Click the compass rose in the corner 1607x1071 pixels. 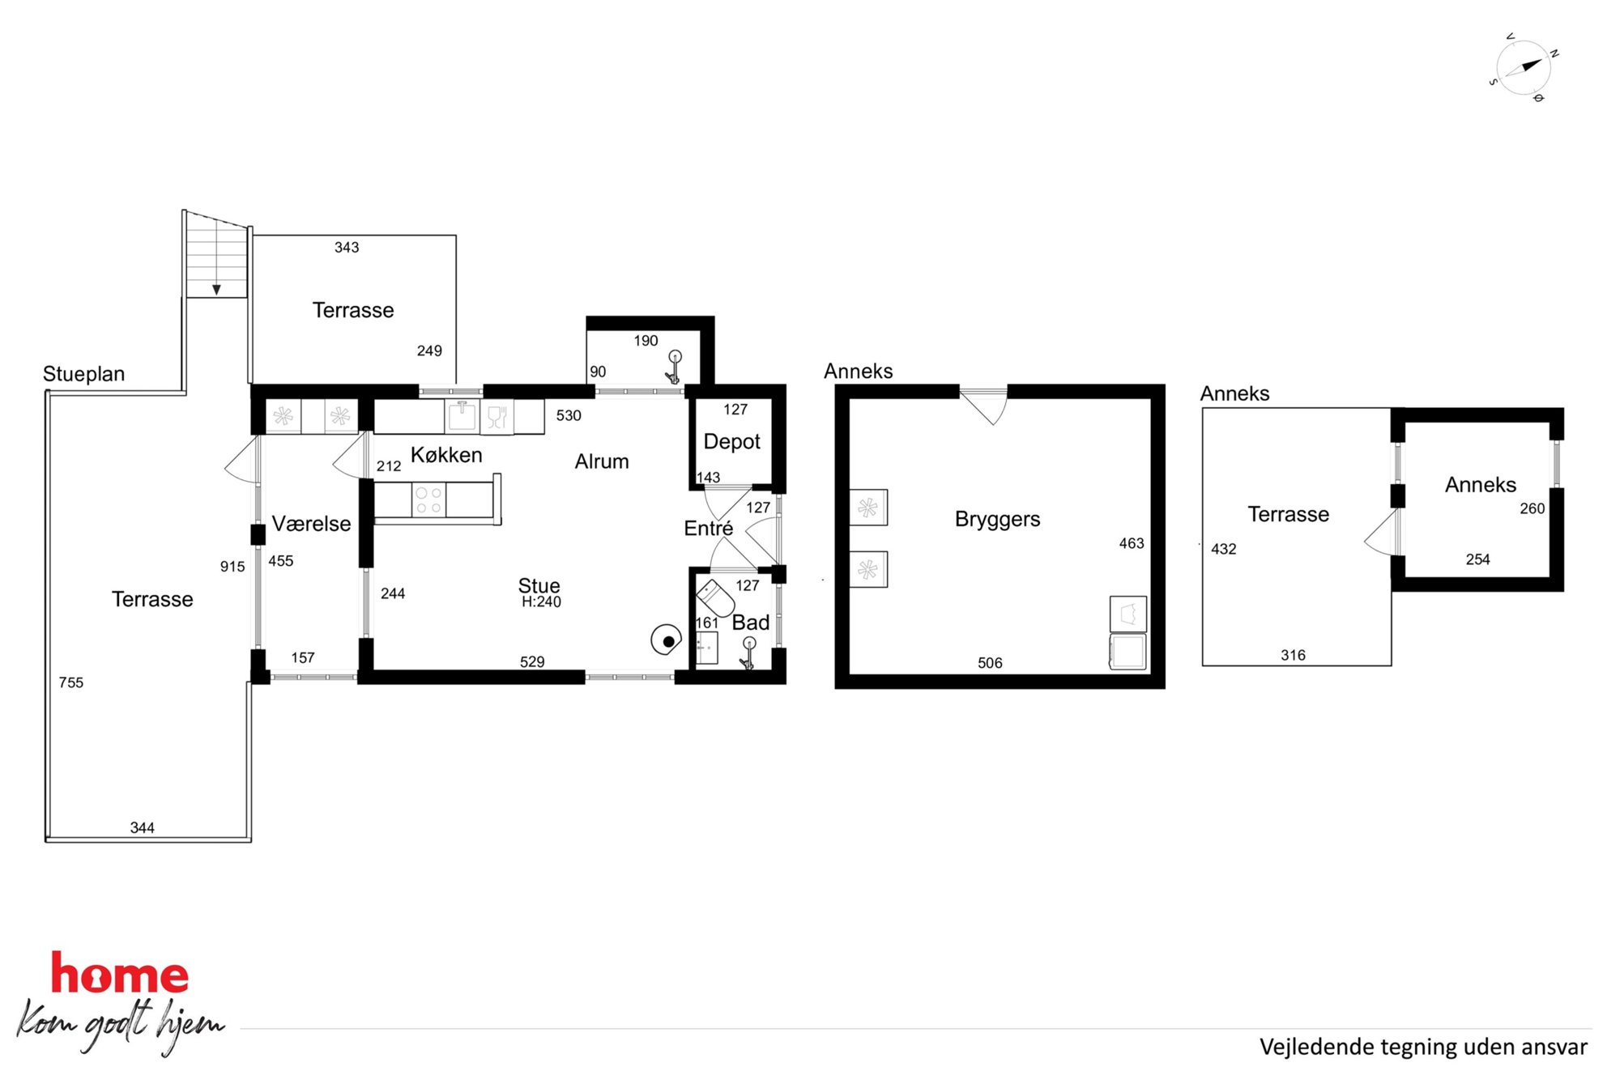click(1523, 68)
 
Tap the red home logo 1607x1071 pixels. click(120, 974)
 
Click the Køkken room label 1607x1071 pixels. click(446, 455)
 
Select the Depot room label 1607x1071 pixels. click(731, 442)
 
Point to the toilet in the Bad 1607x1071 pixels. click(715, 597)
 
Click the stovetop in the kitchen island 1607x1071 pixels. click(428, 500)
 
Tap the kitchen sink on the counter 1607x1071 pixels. click(462, 416)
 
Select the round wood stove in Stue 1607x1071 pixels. click(666, 640)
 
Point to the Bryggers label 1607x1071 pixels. click(997, 519)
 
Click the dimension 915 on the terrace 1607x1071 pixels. click(232, 567)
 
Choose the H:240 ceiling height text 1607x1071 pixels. click(541, 602)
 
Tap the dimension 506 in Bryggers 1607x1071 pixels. click(990, 663)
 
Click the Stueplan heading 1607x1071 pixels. click(83, 374)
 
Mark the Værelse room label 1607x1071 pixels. click(311, 524)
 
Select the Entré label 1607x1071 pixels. click(708, 529)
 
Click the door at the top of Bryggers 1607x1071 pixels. click(983, 406)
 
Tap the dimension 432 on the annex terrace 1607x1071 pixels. click(1223, 549)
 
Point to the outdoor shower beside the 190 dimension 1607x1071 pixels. click(673, 368)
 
